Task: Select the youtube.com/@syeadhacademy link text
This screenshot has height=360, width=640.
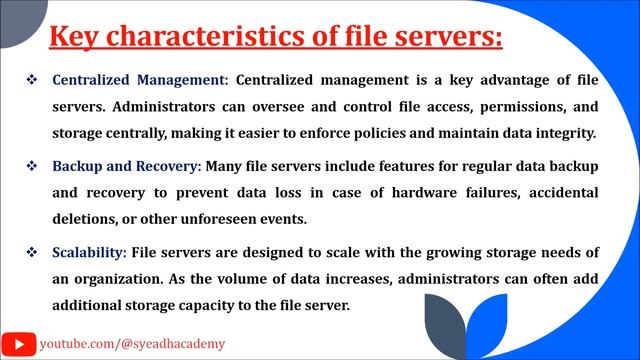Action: pos(132,343)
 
